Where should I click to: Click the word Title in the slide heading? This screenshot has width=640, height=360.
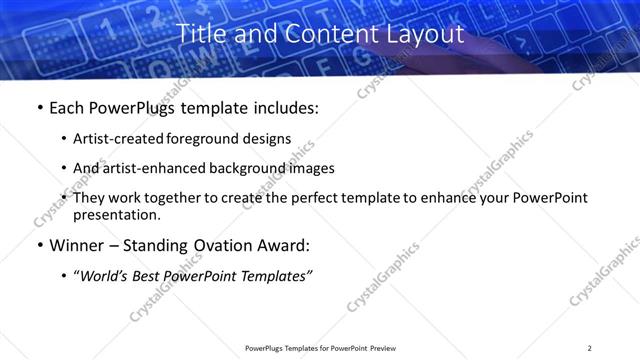coord(200,34)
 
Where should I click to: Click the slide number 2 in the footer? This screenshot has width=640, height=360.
coord(589,348)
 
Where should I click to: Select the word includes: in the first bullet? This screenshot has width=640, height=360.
coord(282,108)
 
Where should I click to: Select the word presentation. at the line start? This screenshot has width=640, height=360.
coord(116,214)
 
